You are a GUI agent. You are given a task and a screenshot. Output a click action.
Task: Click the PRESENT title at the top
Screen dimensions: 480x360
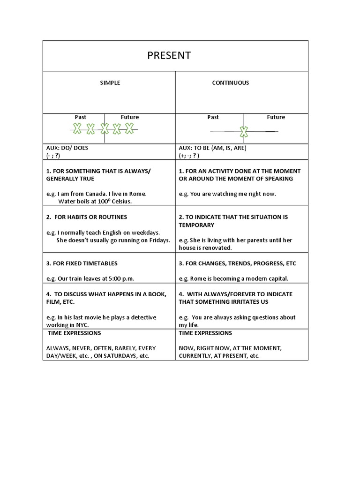[169, 56]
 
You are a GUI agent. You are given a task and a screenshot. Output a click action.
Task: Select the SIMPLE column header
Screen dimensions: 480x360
[110, 82]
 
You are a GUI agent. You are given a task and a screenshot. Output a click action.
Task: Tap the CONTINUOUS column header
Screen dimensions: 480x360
[231, 82]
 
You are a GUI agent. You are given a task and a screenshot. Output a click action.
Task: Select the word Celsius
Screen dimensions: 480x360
[120, 202]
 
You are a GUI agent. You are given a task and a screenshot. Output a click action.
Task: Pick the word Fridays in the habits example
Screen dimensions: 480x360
[157, 240]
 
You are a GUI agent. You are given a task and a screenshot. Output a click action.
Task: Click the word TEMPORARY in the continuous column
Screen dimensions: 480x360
[196, 225]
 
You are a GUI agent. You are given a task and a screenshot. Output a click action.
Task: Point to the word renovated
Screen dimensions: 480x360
[217, 248]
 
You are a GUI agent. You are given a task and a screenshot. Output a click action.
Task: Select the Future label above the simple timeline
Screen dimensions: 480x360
[130, 117]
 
